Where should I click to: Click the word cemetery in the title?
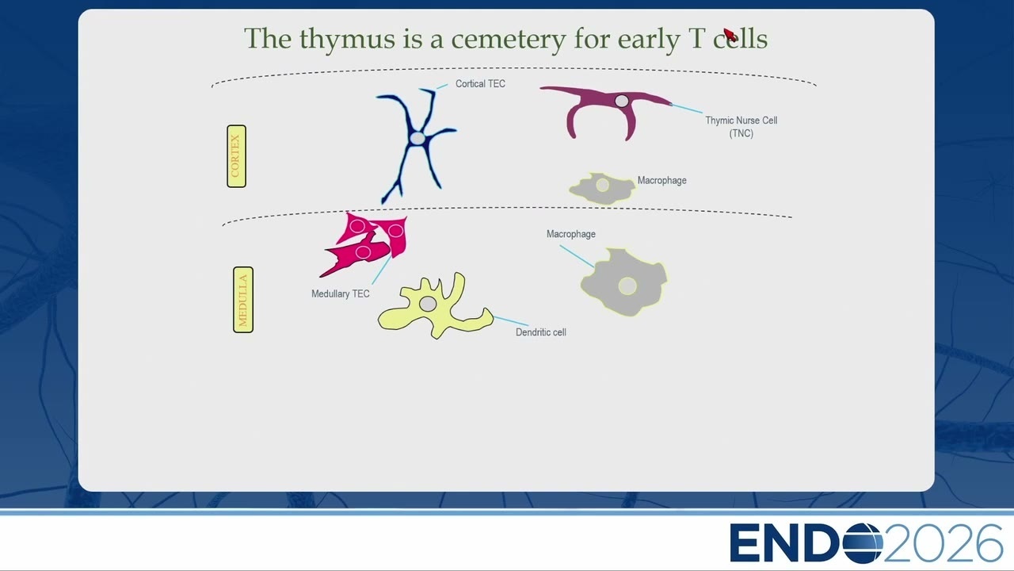click(x=509, y=39)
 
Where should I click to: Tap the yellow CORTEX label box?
click(x=236, y=156)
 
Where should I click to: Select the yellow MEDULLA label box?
click(x=243, y=300)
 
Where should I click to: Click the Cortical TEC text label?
click(x=480, y=84)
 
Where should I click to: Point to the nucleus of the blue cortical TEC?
click(x=417, y=138)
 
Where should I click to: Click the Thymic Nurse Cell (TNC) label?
click(x=741, y=127)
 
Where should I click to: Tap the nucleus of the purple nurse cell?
click(x=622, y=101)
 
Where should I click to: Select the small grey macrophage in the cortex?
click(x=602, y=188)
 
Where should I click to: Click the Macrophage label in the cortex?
click(x=661, y=180)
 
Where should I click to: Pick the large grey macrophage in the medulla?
click(x=623, y=282)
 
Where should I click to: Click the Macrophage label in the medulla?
click(x=571, y=234)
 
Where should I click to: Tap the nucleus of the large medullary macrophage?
click(x=627, y=286)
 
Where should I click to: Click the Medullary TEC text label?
click(x=341, y=294)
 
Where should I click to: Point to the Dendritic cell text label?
click(x=541, y=332)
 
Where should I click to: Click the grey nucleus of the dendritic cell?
click(x=428, y=304)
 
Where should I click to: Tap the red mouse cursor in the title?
click(x=730, y=34)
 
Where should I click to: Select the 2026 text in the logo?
click(x=943, y=543)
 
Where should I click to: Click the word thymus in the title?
click(x=347, y=39)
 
